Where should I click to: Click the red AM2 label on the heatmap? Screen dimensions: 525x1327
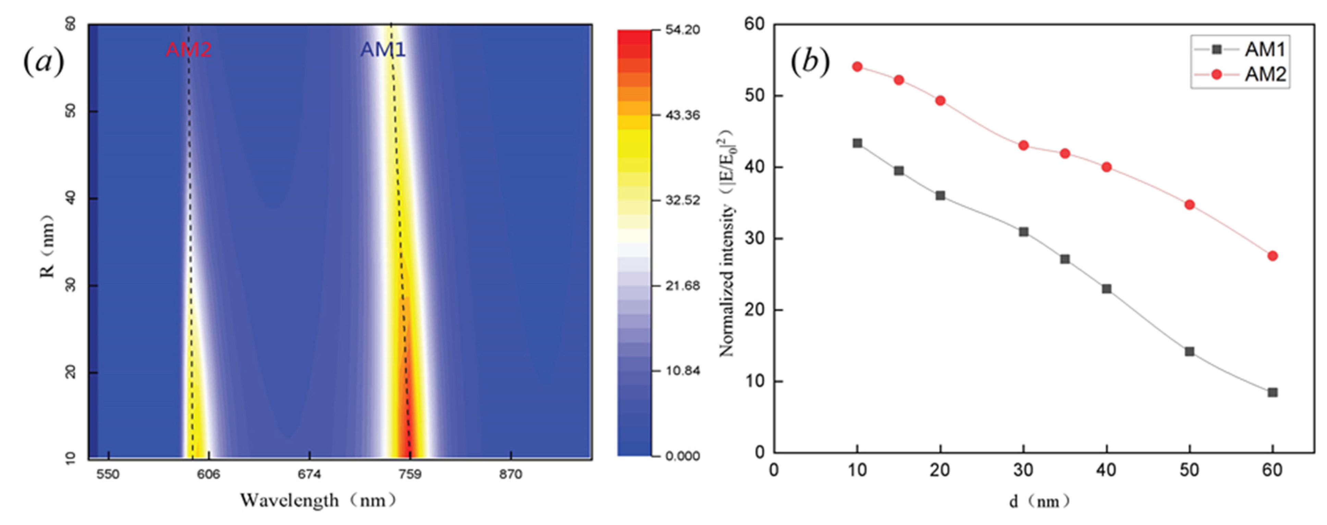pyautogui.click(x=188, y=49)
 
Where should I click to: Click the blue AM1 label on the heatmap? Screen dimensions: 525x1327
pyautogui.click(x=383, y=49)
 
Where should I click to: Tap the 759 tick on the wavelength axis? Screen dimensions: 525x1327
pyautogui.click(x=410, y=474)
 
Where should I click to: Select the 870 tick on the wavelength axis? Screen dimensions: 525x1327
pyautogui.click(x=510, y=474)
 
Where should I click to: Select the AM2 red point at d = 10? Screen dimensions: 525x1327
pyautogui.click(x=857, y=66)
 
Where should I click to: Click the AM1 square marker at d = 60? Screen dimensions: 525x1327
pyautogui.click(x=1273, y=392)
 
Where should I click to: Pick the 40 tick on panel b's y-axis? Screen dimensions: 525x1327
pyautogui.click(x=755, y=167)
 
